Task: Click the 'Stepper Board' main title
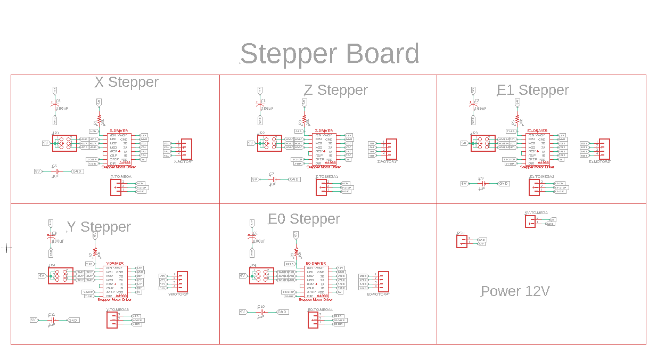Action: point(330,54)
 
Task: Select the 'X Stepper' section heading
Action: point(127,82)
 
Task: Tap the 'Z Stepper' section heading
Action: point(335,90)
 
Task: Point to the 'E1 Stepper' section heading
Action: point(532,90)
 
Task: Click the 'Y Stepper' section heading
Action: point(99,227)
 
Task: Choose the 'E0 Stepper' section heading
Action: point(304,219)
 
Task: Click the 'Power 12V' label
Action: point(515,291)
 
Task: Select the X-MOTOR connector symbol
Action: point(186,149)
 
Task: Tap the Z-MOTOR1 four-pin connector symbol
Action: point(391,149)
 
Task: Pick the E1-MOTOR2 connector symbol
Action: point(604,149)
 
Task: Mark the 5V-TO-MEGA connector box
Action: point(530,221)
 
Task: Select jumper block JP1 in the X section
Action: point(64,143)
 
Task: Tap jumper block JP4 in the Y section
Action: point(60,275)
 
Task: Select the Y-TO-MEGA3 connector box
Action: point(112,319)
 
